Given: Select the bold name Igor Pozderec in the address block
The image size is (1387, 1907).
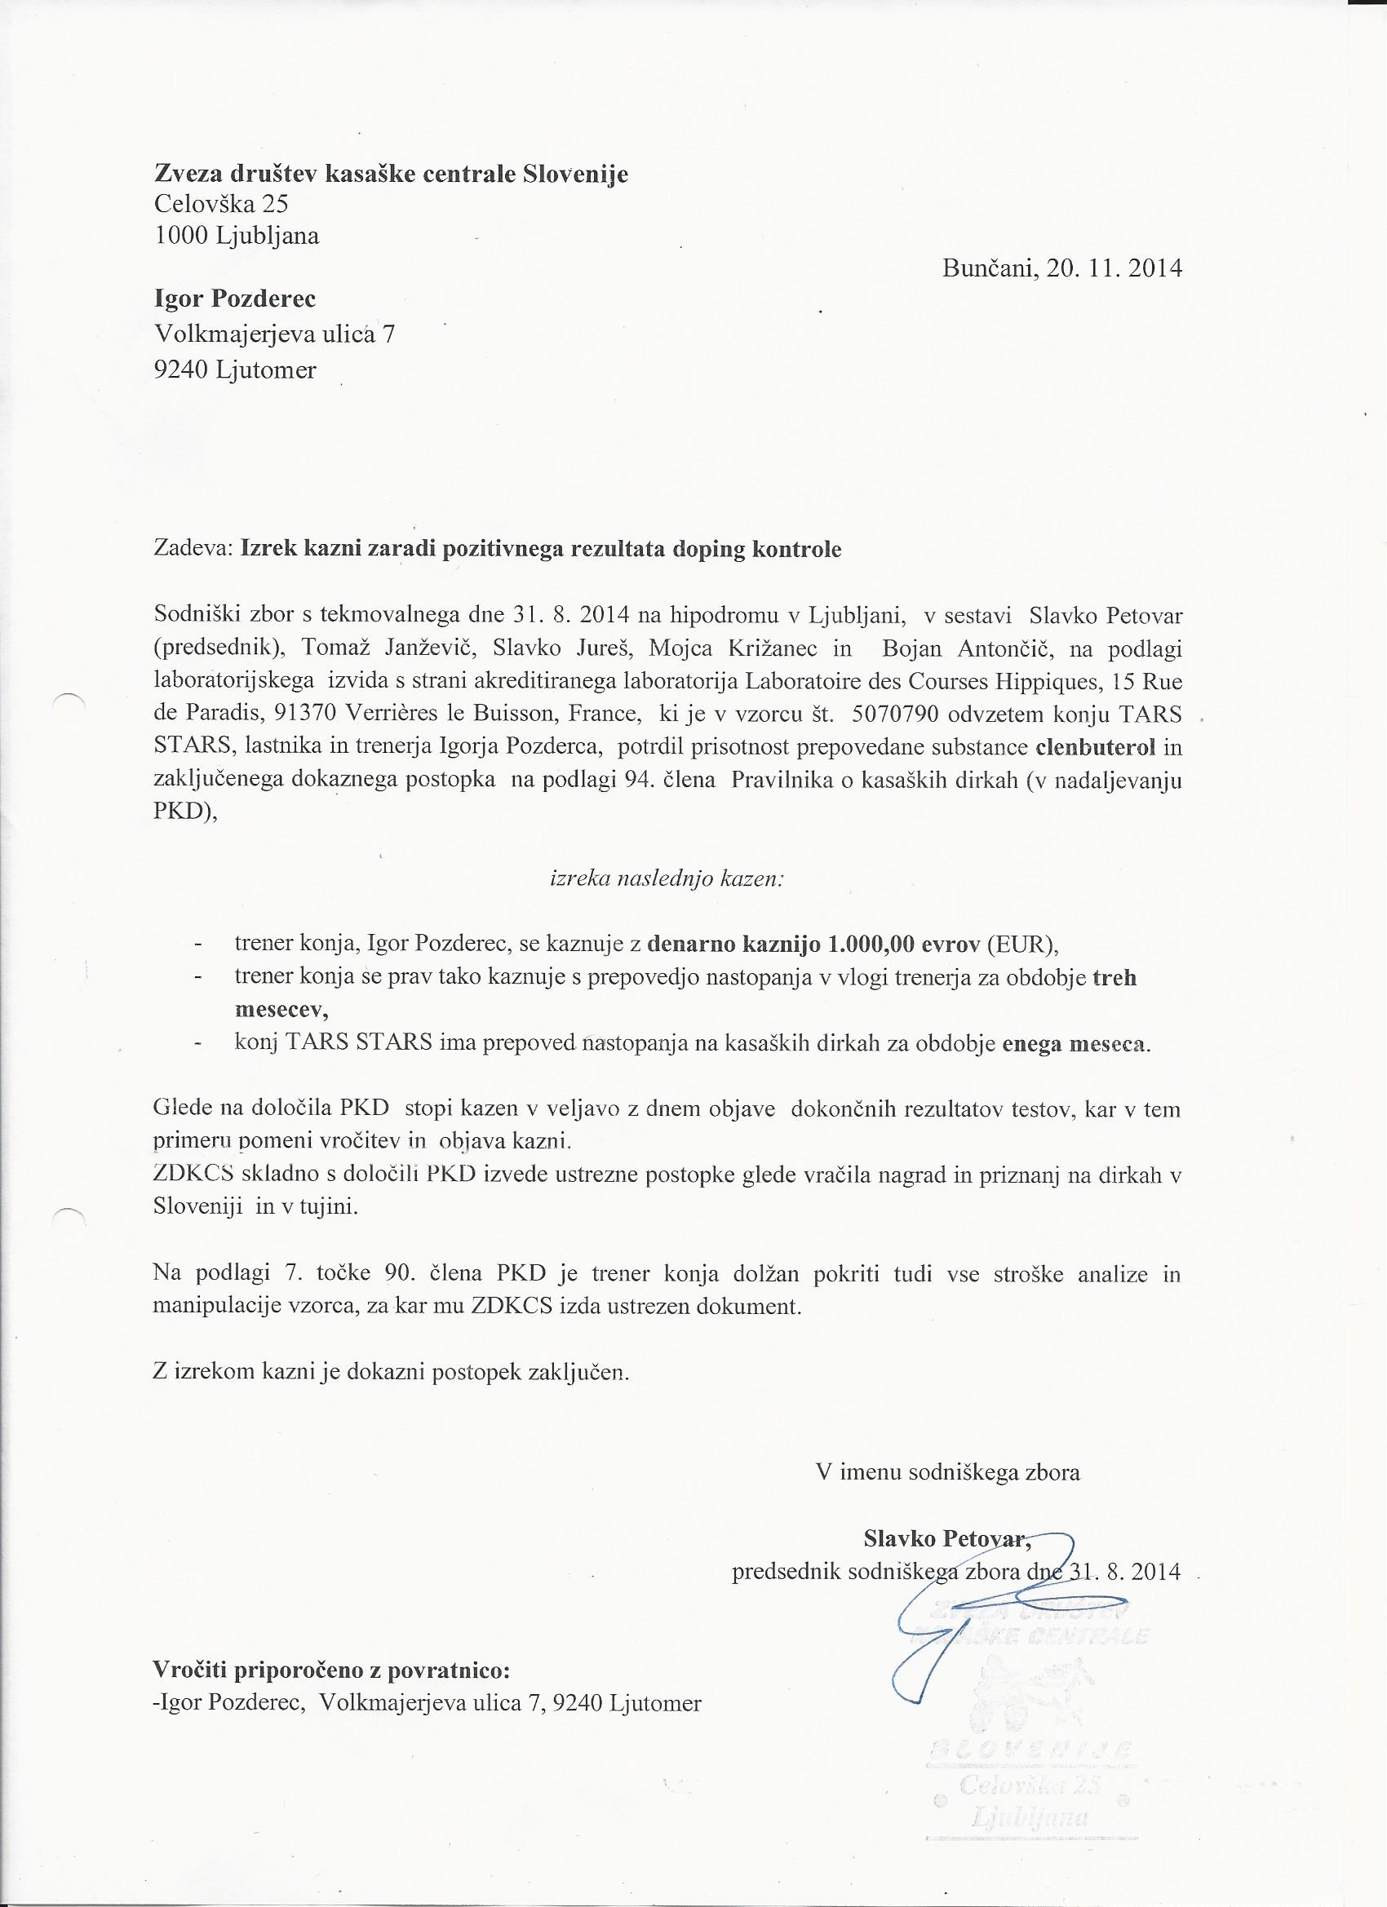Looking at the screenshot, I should coord(235,299).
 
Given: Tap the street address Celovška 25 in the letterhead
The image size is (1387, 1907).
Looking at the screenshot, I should coord(221,203).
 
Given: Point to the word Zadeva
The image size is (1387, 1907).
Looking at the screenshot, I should coord(193,550).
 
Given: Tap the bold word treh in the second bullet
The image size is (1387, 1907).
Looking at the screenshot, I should coord(1114,978).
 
